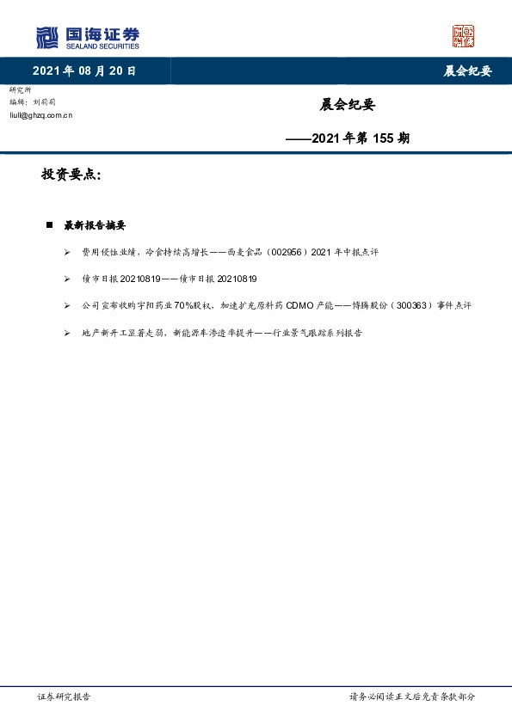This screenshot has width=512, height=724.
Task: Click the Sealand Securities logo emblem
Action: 47,37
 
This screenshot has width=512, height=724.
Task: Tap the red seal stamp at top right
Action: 463,36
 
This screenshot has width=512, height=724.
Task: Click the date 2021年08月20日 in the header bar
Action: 84,71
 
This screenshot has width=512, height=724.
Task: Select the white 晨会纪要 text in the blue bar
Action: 467,71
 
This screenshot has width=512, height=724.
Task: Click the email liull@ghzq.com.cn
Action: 40,114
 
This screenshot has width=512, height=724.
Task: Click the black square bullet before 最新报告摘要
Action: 49,225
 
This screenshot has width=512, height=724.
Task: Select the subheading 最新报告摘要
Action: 95,225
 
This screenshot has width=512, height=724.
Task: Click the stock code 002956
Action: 291,253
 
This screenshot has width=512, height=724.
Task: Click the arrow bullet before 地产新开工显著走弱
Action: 67,333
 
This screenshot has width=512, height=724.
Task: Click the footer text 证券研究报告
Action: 65,696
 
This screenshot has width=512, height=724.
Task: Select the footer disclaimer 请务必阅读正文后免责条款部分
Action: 411,696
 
